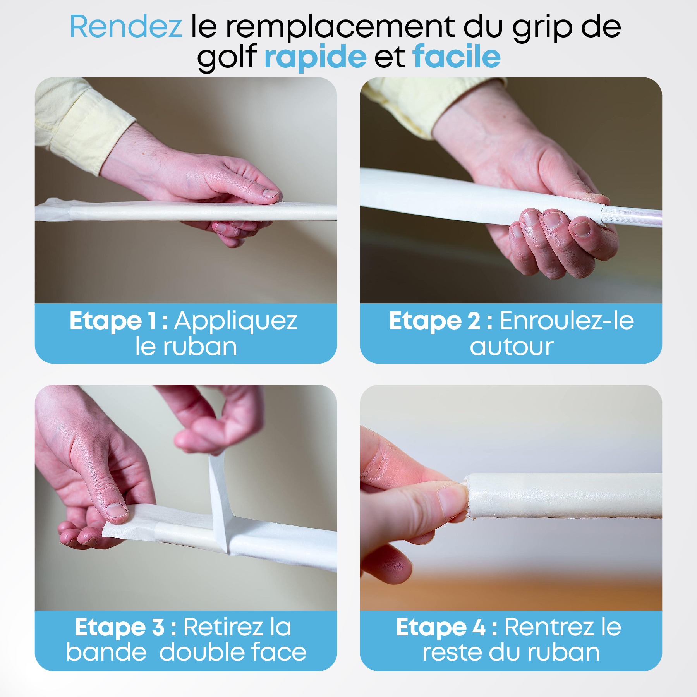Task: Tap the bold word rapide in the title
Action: tap(316, 57)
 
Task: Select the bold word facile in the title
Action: tap(457, 56)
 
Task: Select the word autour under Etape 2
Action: tap(512, 347)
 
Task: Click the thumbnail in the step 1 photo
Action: tap(270, 193)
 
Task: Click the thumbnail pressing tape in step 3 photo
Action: tap(117, 510)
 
